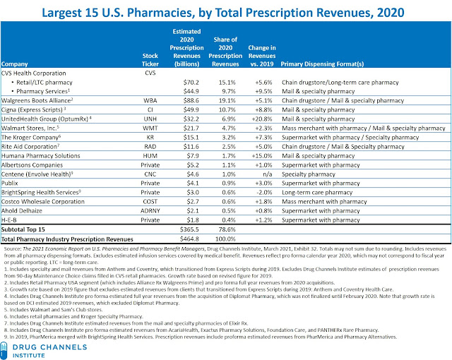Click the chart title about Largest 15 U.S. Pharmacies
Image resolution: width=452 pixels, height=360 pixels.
click(226, 12)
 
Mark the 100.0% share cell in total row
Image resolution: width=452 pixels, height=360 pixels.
click(222, 239)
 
